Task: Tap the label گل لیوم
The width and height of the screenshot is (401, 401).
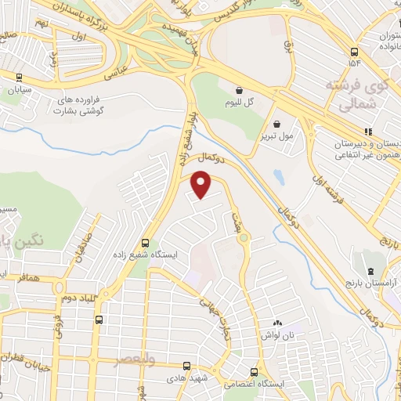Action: tap(240, 103)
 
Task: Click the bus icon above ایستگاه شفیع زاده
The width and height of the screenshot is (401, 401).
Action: tap(144, 243)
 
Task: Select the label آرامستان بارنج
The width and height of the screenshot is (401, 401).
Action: tap(373, 280)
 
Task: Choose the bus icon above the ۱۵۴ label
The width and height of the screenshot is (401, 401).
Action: tap(353, 52)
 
